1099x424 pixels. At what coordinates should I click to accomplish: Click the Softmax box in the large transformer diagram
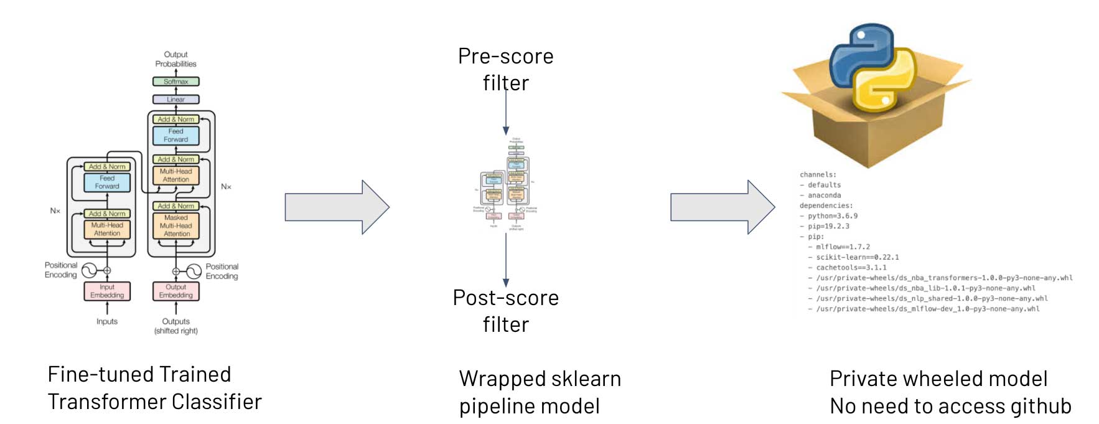pos(176,82)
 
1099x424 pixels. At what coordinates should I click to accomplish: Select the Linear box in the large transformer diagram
pos(176,100)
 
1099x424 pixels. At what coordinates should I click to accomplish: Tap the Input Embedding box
pos(107,291)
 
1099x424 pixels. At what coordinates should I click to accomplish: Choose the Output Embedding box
pos(176,291)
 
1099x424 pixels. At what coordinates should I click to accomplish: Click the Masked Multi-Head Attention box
pos(176,226)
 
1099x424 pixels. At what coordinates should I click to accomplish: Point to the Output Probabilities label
pos(176,59)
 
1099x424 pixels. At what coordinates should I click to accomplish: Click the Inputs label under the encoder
pos(107,322)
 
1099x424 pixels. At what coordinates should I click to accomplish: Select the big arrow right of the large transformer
pos(337,207)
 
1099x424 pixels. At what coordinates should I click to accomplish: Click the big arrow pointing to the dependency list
pos(722,207)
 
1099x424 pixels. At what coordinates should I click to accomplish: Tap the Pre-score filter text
pos(505,69)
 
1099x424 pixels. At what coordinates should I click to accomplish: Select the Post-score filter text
pos(505,311)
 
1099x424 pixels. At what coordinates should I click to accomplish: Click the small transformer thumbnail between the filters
pos(505,184)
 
